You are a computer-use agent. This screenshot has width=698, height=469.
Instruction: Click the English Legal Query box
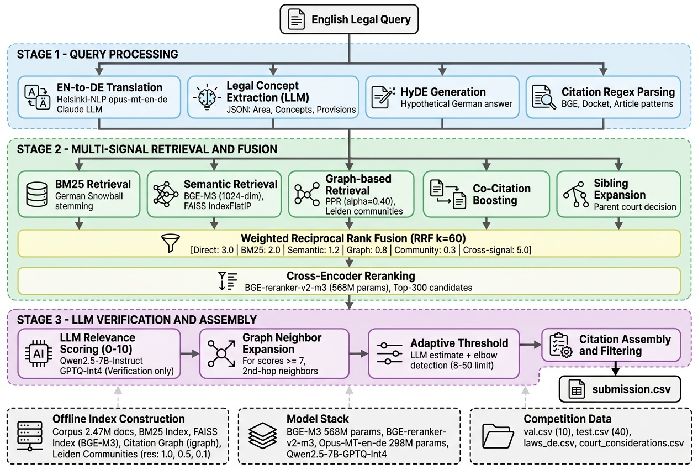coord(349,20)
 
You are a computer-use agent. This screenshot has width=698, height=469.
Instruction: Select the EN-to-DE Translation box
coord(99,97)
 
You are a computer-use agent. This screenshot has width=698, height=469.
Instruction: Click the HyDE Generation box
coord(442,97)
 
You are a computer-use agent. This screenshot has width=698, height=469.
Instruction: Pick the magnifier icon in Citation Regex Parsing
coord(543,97)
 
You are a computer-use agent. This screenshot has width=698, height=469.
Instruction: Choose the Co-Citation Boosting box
coord(486,194)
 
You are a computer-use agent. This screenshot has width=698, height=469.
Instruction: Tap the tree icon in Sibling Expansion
coord(575,195)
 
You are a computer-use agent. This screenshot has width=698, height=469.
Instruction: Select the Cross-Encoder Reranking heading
coord(351,275)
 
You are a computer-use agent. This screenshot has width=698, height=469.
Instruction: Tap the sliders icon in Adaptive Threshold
coord(390,353)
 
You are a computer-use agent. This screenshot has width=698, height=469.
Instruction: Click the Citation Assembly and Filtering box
coord(610,345)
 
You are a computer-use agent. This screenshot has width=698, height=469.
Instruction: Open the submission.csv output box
coord(620,389)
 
